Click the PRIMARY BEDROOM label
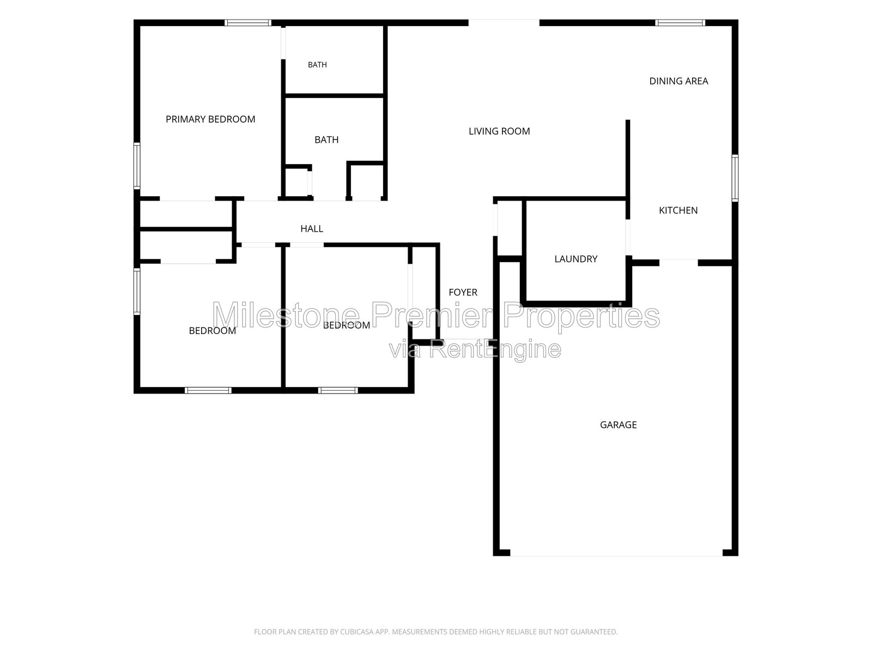[x=210, y=119]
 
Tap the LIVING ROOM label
[x=499, y=131]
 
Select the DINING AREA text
[x=679, y=81]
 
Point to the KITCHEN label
[x=678, y=210]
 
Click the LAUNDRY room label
[x=576, y=259]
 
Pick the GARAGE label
[x=618, y=425]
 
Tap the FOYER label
[x=463, y=292]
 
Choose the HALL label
[x=311, y=229]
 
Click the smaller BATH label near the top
[x=317, y=65]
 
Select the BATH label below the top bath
[x=326, y=140]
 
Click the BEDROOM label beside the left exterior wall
[x=212, y=331]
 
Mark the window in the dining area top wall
[x=680, y=23]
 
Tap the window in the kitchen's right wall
[x=735, y=178]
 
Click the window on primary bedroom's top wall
[x=248, y=23]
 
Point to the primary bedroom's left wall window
[x=137, y=166]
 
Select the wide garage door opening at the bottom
[x=616, y=553]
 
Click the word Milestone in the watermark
[x=286, y=315]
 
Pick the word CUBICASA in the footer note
[x=357, y=632]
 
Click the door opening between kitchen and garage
[x=679, y=263]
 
